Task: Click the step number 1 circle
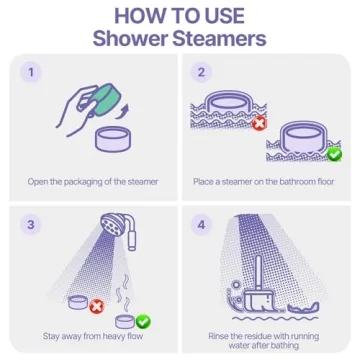pyautogui.click(x=31, y=72)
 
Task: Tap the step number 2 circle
pyautogui.click(x=201, y=72)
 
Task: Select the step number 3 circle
pyautogui.click(x=31, y=225)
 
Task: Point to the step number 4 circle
pyautogui.click(x=201, y=225)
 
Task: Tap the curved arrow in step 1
pyautogui.click(x=124, y=111)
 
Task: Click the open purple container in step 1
pyautogui.click(x=113, y=140)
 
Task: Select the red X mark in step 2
pyautogui.click(x=259, y=124)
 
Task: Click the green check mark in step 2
pyautogui.click(x=334, y=154)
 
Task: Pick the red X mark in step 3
pyautogui.click(x=97, y=307)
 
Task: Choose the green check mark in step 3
pyautogui.click(x=143, y=321)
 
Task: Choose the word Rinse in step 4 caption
pyautogui.click(x=218, y=335)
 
